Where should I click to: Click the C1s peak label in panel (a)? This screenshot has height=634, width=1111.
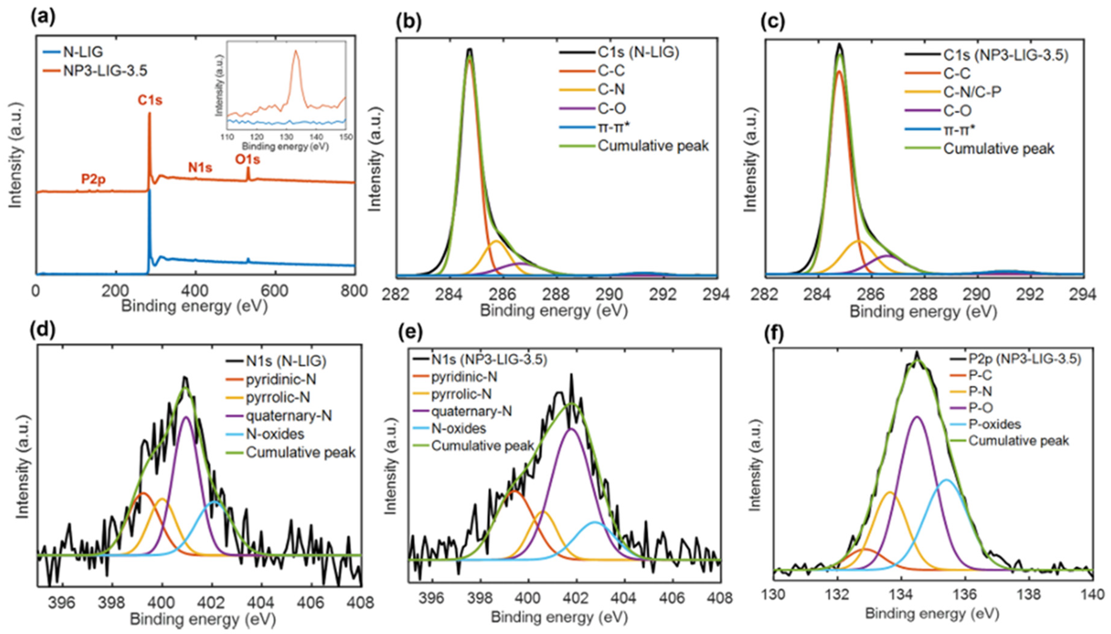click(x=150, y=100)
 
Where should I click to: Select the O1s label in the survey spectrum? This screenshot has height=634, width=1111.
click(x=247, y=160)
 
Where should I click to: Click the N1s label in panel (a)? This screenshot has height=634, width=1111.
click(x=200, y=167)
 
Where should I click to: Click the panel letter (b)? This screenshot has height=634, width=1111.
click(x=408, y=22)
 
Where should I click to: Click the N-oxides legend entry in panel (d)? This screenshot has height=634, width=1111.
click(x=275, y=434)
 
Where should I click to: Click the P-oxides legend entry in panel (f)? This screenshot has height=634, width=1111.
click(x=994, y=424)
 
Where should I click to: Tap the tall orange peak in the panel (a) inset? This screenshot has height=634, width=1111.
click(x=296, y=51)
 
